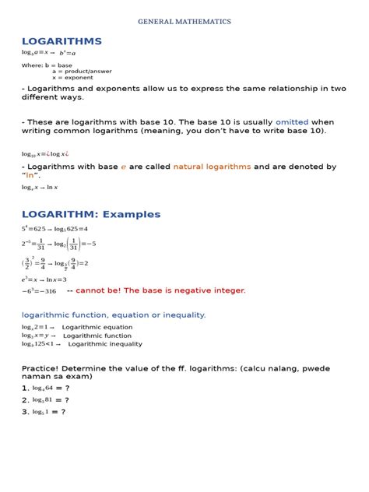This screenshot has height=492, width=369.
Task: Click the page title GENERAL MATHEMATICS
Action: (184, 22)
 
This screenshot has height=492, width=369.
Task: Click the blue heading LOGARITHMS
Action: (61, 40)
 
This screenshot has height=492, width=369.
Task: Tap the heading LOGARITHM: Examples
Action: (91, 214)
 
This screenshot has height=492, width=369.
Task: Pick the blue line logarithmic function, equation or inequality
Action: (114, 315)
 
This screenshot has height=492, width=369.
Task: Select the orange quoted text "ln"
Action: (32, 175)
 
